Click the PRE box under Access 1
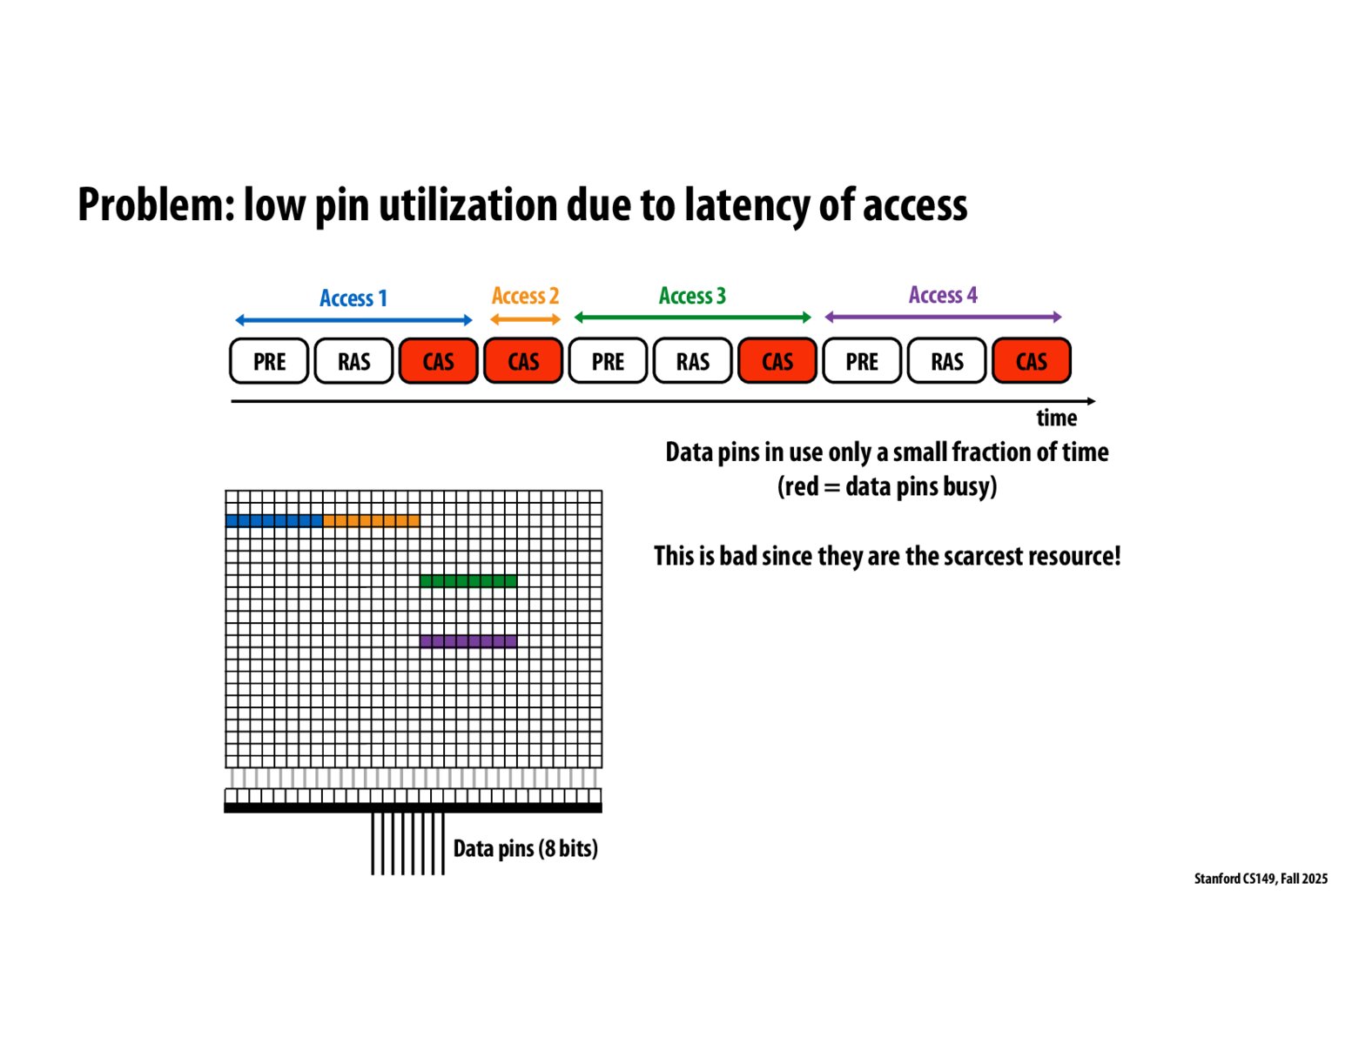(269, 361)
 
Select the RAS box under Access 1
(353, 361)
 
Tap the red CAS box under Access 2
(523, 361)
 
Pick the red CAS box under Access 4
(1032, 361)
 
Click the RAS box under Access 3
(693, 361)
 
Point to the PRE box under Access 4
(862, 361)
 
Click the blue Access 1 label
(353, 298)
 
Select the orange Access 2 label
(525, 296)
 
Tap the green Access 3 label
(692, 296)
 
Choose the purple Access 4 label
(943, 295)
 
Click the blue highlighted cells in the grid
(274, 521)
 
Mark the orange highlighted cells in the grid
(372, 521)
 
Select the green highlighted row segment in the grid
(468, 581)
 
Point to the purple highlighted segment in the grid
(468, 642)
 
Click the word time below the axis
(1056, 418)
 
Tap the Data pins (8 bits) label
(525, 848)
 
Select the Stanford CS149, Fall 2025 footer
(1260, 879)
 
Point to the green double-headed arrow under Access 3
(692, 318)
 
